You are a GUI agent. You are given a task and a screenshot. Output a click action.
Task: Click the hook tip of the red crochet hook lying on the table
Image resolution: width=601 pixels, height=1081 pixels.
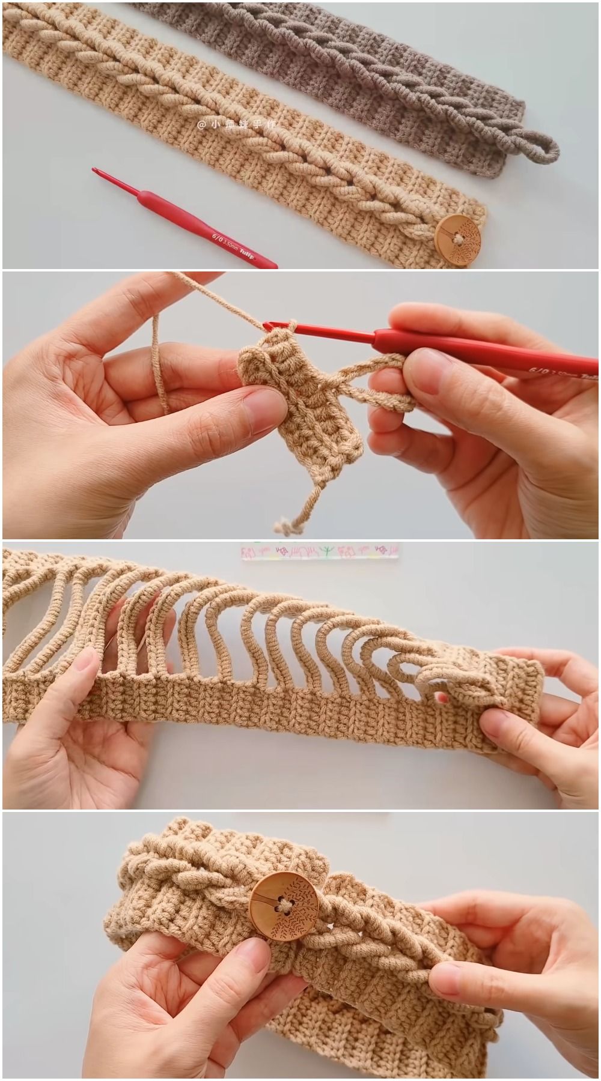(95, 172)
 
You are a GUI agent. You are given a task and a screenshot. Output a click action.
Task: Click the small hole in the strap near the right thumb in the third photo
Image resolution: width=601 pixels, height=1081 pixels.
(443, 697)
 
